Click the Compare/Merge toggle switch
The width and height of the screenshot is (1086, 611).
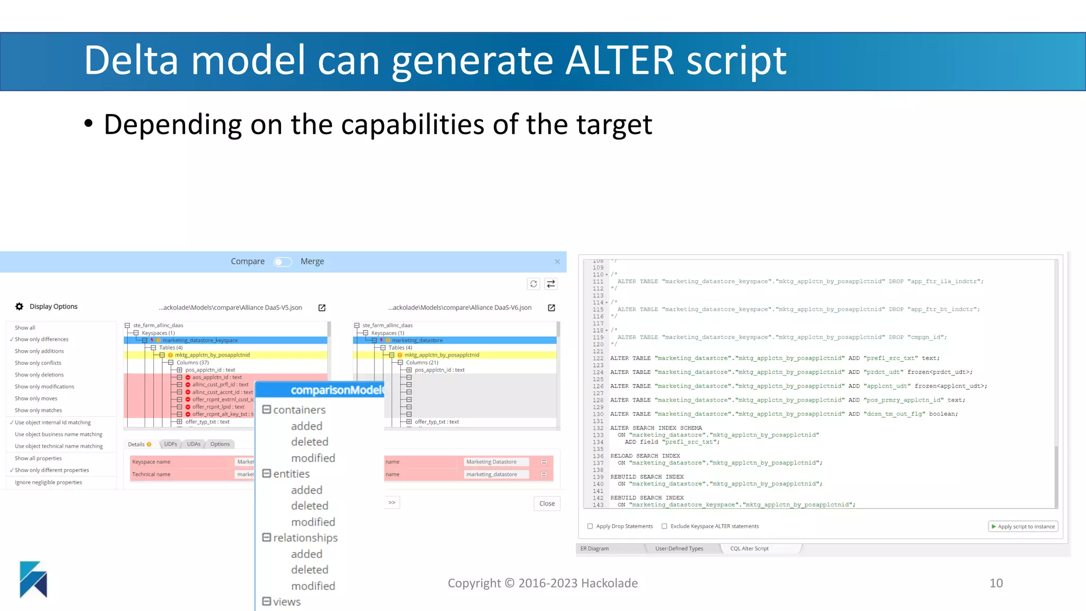pos(283,262)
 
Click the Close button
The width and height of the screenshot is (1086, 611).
pos(547,504)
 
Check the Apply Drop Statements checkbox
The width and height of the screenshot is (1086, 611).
pos(590,527)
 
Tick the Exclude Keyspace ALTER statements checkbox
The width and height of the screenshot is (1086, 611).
pos(664,527)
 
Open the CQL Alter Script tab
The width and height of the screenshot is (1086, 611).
pos(749,549)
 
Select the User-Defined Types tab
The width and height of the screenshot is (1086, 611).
pos(679,549)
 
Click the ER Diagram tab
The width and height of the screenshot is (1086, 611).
pos(594,549)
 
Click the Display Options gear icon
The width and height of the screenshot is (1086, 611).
pos(20,307)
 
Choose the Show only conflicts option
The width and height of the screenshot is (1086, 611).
pos(38,363)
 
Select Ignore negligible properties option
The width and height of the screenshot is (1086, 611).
pos(48,483)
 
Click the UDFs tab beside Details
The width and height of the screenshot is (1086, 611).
pos(170,444)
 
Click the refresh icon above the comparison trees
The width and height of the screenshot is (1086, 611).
pos(533,284)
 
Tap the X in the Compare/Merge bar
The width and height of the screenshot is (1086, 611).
pos(557,262)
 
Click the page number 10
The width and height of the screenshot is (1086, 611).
pos(996,583)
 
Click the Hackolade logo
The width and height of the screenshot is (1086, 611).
pos(33,580)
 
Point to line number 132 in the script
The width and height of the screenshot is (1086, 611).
pos(598,428)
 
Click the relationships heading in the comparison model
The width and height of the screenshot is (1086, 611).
pos(305,538)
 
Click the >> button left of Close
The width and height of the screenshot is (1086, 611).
pos(392,503)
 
